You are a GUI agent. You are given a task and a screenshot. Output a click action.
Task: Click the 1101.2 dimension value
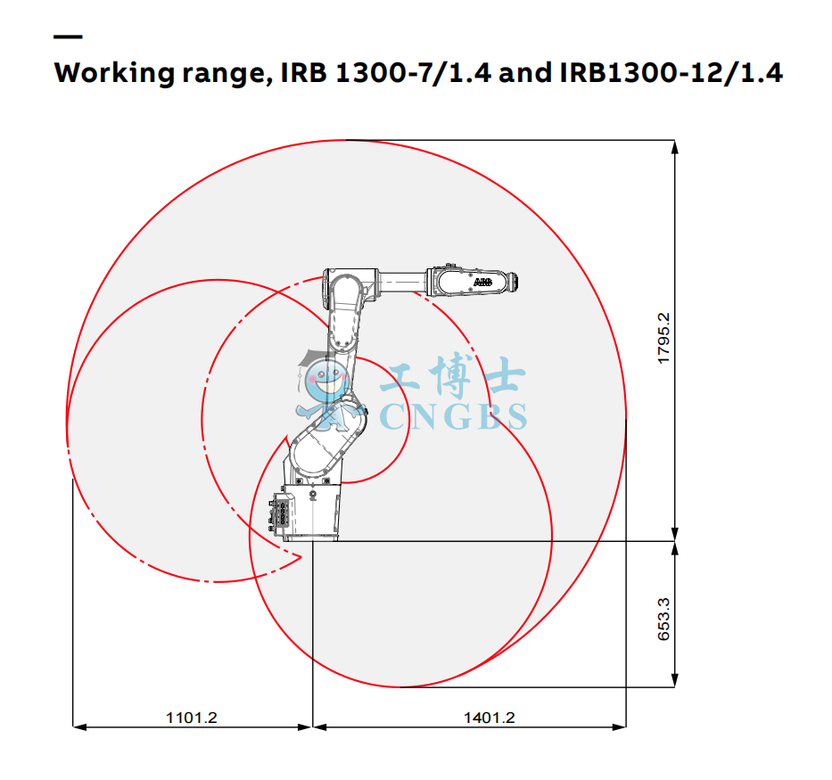(192, 718)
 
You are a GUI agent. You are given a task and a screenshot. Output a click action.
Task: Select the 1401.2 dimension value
(490, 718)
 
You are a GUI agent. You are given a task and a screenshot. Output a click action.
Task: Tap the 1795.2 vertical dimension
(663, 339)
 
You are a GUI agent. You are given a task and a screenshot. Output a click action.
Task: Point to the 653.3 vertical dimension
(663, 620)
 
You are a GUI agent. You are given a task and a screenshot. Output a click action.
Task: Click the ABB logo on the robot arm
(482, 282)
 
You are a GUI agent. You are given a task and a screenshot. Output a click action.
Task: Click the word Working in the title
(114, 73)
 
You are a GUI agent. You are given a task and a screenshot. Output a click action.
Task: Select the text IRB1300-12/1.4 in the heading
(671, 72)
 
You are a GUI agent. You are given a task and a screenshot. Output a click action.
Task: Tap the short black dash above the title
(68, 37)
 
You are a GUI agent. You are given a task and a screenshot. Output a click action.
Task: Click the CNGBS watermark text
(454, 416)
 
